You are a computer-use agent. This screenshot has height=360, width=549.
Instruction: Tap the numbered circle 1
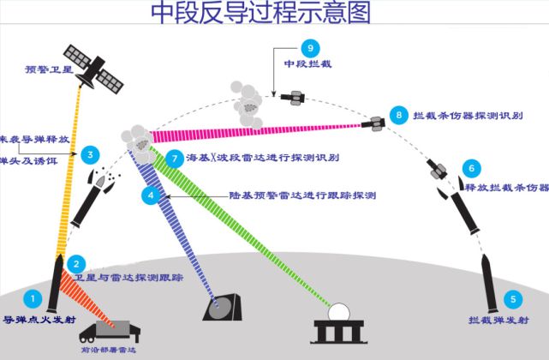33,299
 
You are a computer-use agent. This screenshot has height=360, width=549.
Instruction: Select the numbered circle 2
78,263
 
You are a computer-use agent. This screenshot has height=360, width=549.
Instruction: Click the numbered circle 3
90,155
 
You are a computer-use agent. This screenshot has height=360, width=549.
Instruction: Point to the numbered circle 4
151,195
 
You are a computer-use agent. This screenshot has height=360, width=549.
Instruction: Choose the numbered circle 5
512,300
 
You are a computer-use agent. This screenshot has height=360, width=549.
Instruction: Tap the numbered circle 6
468,168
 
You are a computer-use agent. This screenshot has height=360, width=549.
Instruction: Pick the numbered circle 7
175,159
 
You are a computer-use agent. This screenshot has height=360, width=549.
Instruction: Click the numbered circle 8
398,114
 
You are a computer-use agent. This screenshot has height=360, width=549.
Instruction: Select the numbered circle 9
311,47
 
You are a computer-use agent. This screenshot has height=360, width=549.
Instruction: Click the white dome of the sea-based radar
340,313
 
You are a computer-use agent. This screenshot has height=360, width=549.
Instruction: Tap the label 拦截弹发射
498,320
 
